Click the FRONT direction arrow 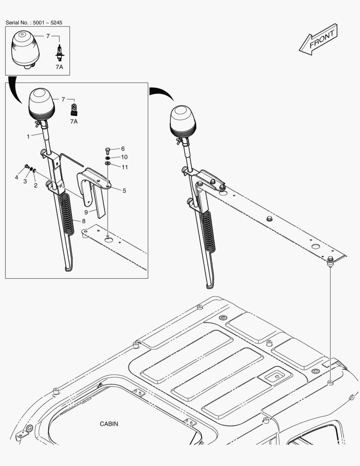click(x=318, y=40)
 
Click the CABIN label click(x=109, y=424)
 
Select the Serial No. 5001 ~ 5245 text click(x=37, y=22)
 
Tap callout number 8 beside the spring click(x=84, y=221)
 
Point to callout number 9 click(x=86, y=212)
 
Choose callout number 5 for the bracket click(x=124, y=190)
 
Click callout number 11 click(x=124, y=167)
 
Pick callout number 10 click(x=124, y=157)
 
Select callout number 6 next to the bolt click(x=122, y=148)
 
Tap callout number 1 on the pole click(x=28, y=136)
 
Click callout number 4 click(x=16, y=177)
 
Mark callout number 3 click(x=25, y=181)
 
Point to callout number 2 click(x=35, y=185)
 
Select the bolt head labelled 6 click(x=108, y=151)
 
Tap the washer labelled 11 click(x=107, y=164)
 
